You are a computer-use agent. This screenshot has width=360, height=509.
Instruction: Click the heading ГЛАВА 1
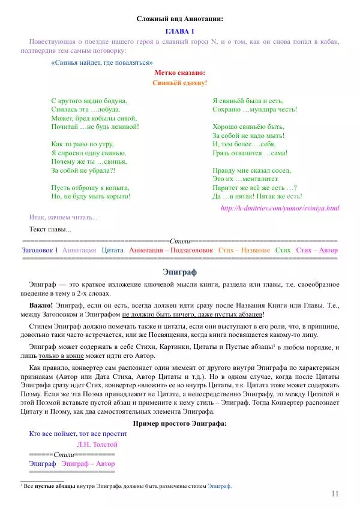pyautogui.click(x=180, y=31)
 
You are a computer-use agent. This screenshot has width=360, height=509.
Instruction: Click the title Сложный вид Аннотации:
pyautogui.click(x=180, y=19)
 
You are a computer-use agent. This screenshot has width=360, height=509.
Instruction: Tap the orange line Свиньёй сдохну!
pyautogui.click(x=180, y=83)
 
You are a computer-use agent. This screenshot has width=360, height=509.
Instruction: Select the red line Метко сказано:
pyautogui.click(x=180, y=73)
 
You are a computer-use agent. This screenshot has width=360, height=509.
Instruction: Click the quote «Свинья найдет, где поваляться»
pyautogui.click(x=102, y=62)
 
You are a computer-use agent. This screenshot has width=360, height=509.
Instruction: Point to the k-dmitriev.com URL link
pyautogui.click(x=280, y=208)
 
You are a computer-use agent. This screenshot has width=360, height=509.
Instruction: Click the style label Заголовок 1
pyautogui.click(x=40, y=250)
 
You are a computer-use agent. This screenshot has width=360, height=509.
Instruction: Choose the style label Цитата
pyautogui.click(x=113, y=250)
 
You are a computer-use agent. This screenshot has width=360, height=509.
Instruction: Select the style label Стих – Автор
pyautogui.click(x=317, y=250)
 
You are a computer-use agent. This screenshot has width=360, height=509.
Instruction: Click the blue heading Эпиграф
pyautogui.click(x=180, y=272)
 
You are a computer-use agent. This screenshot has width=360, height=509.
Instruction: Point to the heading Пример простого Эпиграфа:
pyautogui.click(x=180, y=424)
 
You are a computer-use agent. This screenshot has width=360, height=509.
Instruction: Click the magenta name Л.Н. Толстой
pyautogui.click(x=97, y=444)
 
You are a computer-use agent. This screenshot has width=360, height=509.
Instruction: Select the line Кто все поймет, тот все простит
pyautogui.click(x=78, y=433)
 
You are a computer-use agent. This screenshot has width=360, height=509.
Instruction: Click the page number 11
pyautogui.click(x=335, y=493)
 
